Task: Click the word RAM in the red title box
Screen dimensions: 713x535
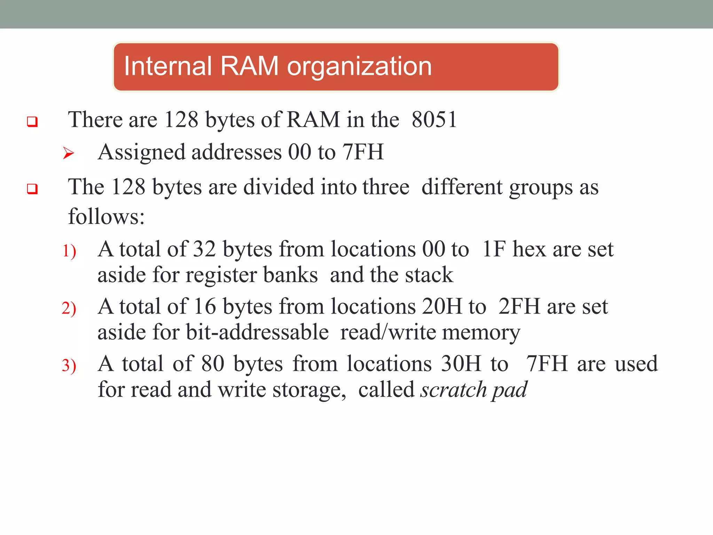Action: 249,66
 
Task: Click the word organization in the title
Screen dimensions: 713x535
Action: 359,67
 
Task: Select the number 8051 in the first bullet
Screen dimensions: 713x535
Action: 434,120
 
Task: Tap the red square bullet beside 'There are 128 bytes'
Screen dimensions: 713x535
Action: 32,122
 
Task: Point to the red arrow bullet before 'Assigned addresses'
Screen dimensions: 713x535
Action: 69,153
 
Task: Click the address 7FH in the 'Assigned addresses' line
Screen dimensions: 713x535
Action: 363,152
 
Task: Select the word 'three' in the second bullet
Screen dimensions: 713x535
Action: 386,187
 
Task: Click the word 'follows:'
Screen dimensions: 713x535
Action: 106,217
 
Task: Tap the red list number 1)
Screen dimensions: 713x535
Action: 69,251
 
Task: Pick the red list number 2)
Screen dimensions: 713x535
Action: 69,308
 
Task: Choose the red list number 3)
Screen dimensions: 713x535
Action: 69,366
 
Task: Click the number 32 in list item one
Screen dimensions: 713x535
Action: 204,249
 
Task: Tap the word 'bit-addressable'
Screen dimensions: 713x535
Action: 257,332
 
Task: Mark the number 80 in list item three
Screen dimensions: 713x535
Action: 213,364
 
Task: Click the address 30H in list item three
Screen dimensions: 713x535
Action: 461,364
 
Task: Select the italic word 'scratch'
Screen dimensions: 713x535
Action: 453,390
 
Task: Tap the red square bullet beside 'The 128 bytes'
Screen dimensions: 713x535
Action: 32,189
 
